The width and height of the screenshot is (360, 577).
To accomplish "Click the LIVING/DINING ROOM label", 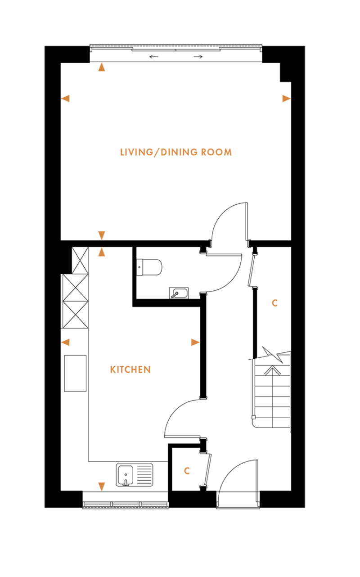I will (176, 152).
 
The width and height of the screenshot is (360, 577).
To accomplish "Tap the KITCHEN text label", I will (130, 370).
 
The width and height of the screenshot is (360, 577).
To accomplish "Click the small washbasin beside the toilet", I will (179, 293).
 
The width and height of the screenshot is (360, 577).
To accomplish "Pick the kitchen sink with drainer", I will (134, 475).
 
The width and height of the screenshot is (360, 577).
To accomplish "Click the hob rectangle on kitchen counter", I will (75, 373).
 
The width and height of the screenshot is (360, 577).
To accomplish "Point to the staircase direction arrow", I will (271, 371).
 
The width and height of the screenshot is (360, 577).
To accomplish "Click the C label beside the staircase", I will (274, 303).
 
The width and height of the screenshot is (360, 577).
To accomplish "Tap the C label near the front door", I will (187, 471).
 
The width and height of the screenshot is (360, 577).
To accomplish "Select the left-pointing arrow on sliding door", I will (154, 57).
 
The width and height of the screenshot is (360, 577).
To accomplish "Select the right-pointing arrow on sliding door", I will (198, 57).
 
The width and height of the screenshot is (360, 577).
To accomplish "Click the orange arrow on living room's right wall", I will (286, 99).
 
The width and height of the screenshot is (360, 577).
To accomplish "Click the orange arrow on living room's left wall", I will (66, 99).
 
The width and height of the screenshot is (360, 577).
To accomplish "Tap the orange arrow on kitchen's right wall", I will (195, 343).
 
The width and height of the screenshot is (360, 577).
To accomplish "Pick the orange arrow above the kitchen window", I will (102, 487).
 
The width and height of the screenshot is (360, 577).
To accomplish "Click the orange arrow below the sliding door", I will (102, 68).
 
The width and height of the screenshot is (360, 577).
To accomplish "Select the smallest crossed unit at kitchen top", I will (80, 260).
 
